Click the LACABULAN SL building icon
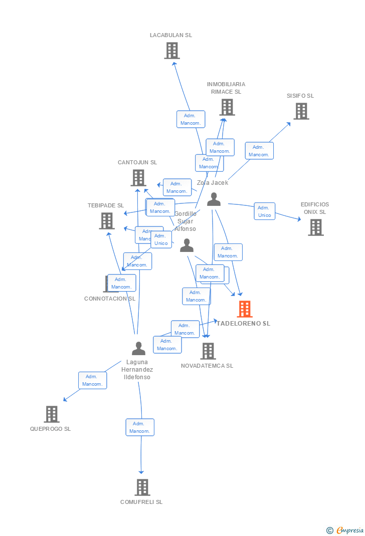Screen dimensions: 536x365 [172, 51]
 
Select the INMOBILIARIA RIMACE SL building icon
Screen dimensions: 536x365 [227, 107]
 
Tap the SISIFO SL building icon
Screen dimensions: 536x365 [301, 111]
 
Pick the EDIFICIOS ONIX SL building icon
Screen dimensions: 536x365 [315, 227]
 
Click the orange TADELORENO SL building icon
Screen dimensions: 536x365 [245, 309]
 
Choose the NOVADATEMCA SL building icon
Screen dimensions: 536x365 [208, 351]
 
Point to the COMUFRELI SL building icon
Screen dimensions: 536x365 [142, 487]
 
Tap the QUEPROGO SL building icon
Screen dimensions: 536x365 [52, 414]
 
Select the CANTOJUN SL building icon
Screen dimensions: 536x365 [138, 178]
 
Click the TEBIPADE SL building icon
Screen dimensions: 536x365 [107, 221]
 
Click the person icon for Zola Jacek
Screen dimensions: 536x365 [214, 199]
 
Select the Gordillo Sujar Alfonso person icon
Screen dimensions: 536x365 [187, 245]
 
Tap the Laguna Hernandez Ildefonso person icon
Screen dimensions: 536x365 [138, 348]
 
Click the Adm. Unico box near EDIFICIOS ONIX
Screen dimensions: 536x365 [264, 211]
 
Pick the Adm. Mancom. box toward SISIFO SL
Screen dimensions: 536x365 [259, 151]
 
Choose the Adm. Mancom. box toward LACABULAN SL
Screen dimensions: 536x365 [191, 119]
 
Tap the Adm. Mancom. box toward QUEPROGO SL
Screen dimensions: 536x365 [92, 380]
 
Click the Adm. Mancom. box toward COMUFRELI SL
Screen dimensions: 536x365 [139, 427]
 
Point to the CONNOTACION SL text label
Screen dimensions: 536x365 [110, 299]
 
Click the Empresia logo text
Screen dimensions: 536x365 [349, 530]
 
